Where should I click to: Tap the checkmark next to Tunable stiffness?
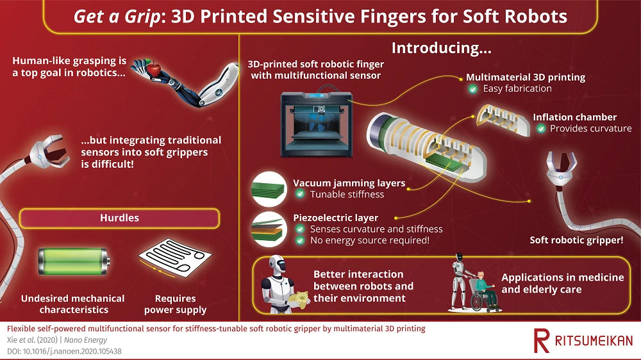point(299,195)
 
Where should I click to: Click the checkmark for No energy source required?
point(299,241)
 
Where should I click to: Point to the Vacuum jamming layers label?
point(349,183)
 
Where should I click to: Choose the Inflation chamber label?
point(574,117)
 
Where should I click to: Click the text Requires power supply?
point(175,304)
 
